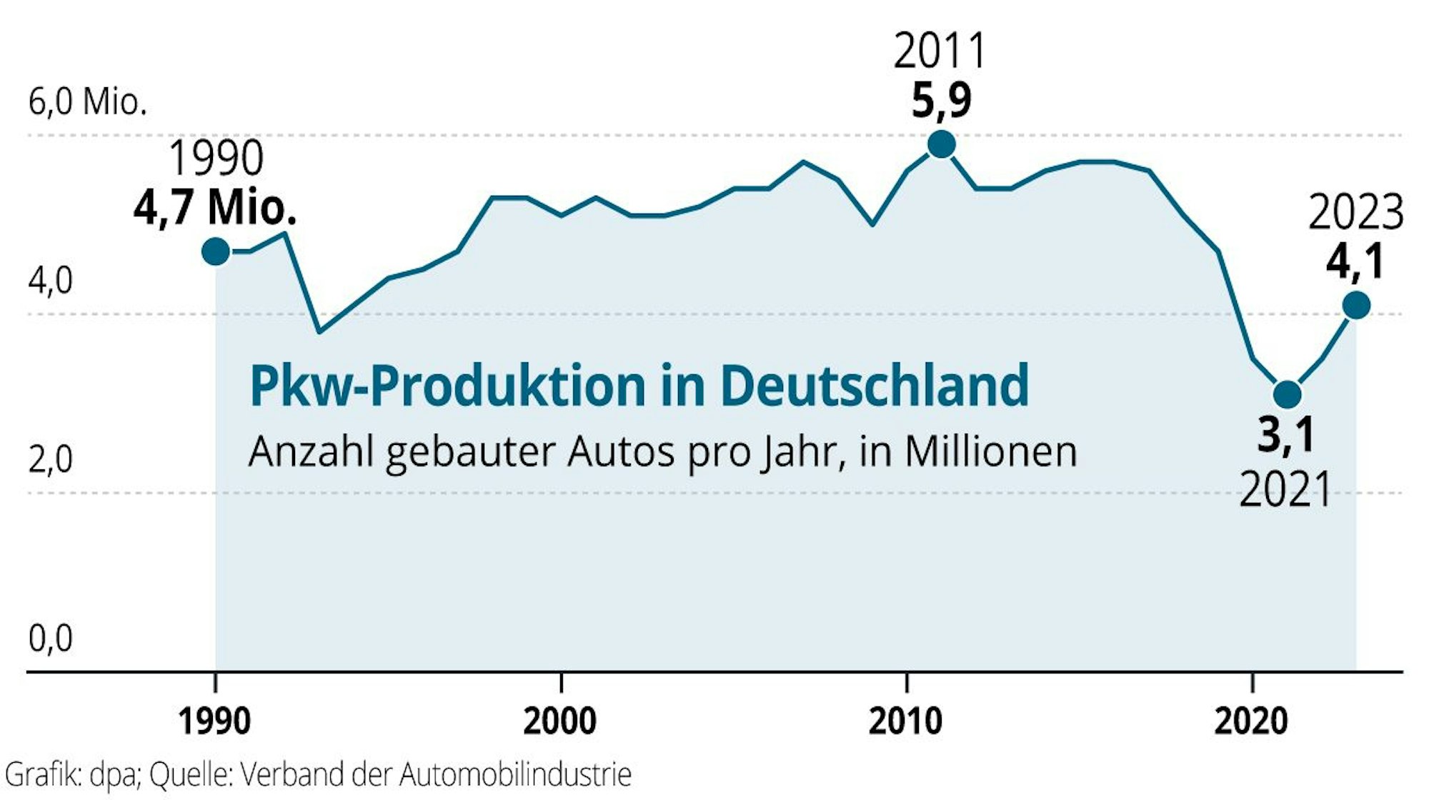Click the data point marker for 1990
(x=216, y=251)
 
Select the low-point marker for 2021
(x=1287, y=394)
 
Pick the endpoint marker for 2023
(x=1356, y=306)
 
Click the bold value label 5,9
(x=941, y=101)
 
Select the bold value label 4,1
(x=1355, y=261)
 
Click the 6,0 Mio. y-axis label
(x=87, y=102)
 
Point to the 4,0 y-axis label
(x=50, y=281)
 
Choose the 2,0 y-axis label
(x=50, y=459)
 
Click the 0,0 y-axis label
(x=50, y=638)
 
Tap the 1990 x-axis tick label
(x=214, y=721)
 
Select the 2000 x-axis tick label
(x=559, y=721)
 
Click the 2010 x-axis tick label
(x=905, y=721)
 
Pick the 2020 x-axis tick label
(x=1250, y=721)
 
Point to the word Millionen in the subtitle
(x=990, y=452)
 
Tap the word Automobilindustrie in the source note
(x=515, y=775)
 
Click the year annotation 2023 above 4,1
(x=1355, y=213)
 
